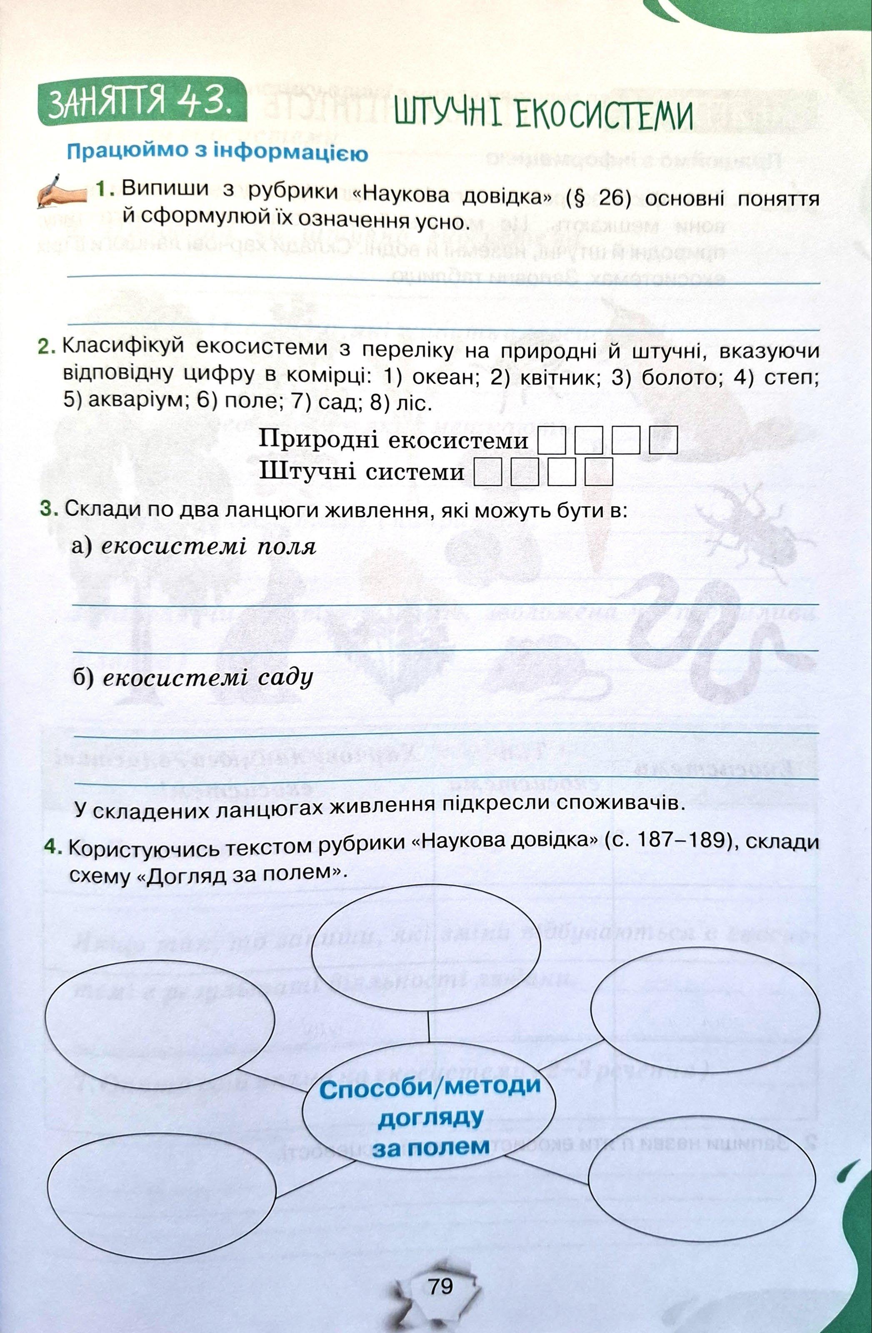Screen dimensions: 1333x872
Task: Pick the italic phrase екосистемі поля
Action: pyautogui.click(x=209, y=547)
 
